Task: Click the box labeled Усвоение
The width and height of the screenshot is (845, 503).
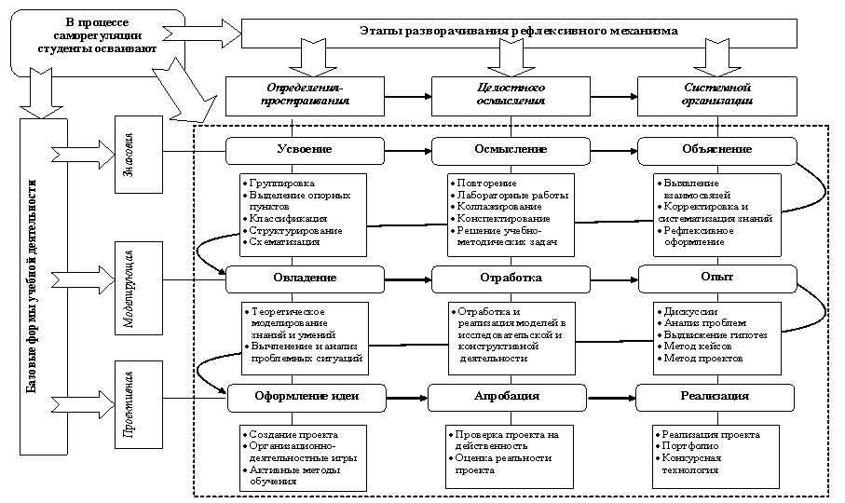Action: pos(304,149)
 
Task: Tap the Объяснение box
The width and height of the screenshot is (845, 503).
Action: pos(716,149)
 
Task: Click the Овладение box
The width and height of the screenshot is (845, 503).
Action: pos(305,278)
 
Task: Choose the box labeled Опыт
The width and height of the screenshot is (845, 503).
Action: pos(716,277)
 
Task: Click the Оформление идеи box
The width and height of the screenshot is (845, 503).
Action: pos(307,396)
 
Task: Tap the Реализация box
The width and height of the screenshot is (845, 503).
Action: pos(715,396)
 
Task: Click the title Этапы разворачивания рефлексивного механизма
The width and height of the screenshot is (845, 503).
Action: pos(519,32)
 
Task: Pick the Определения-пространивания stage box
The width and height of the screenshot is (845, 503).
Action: pos(304,94)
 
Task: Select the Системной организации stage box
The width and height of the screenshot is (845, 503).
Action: pos(716,94)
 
